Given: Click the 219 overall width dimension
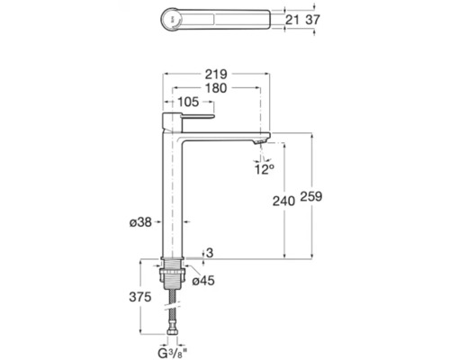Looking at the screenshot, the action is click(216, 74).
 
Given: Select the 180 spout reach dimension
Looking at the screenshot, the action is click(216, 88).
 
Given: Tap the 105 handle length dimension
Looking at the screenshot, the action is click(188, 102).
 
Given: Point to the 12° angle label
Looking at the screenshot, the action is click(265, 169).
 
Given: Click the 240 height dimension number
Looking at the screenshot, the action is click(283, 201).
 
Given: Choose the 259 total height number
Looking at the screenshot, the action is click(311, 196).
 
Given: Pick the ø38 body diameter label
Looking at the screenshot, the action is click(140, 222).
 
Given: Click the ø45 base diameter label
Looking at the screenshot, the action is click(203, 281).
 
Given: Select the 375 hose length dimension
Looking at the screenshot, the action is click(140, 297).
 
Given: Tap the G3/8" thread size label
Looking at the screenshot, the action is click(172, 354).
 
